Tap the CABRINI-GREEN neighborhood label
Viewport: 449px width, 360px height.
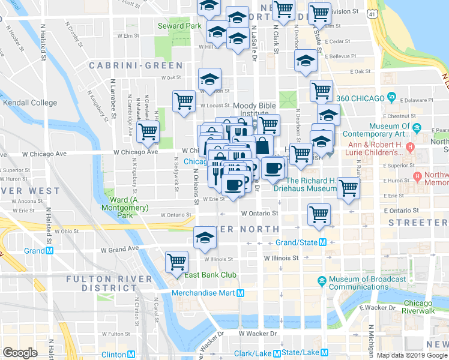[136, 65]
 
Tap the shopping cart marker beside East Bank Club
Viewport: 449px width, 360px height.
[177, 261]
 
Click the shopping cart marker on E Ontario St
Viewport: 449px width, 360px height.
[319, 214]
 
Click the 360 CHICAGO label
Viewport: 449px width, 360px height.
[360, 98]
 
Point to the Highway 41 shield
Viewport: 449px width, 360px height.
[373, 13]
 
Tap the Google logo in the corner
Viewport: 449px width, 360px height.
[20, 353]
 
